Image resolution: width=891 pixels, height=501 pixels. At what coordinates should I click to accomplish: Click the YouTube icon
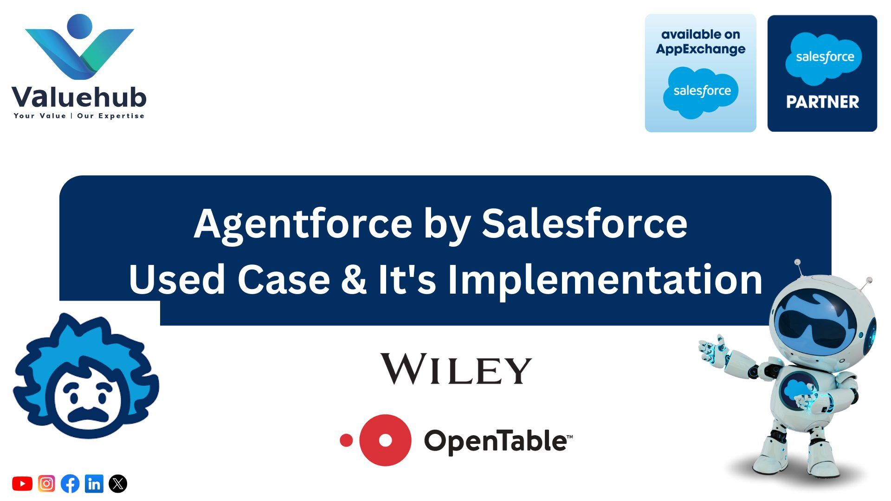[x=22, y=484]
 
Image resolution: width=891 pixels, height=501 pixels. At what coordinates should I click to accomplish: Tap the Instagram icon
[x=46, y=484]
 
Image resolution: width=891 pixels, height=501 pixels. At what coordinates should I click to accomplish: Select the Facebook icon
[x=70, y=484]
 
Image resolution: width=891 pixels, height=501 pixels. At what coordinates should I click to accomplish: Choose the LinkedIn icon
[x=94, y=484]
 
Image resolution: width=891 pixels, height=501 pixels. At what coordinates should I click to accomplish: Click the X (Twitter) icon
[x=118, y=484]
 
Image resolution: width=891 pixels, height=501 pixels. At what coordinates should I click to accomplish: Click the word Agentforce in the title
[x=303, y=224]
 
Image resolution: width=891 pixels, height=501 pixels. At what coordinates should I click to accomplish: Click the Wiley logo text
[x=456, y=369]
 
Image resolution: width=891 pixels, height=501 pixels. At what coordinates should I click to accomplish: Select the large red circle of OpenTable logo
[x=385, y=440]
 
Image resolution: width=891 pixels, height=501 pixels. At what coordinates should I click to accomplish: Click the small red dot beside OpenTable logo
[x=346, y=440]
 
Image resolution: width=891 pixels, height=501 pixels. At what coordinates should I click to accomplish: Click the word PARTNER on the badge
[x=822, y=102]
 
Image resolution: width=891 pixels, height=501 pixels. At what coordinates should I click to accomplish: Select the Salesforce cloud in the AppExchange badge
[x=702, y=92]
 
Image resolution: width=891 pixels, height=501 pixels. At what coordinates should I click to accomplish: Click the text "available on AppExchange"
[x=701, y=42]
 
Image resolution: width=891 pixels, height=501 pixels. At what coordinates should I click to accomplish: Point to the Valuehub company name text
[x=79, y=97]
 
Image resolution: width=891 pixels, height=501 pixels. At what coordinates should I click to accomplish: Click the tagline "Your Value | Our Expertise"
[x=79, y=116]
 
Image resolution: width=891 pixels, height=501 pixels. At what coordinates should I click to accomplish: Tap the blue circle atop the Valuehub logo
[x=80, y=26]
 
